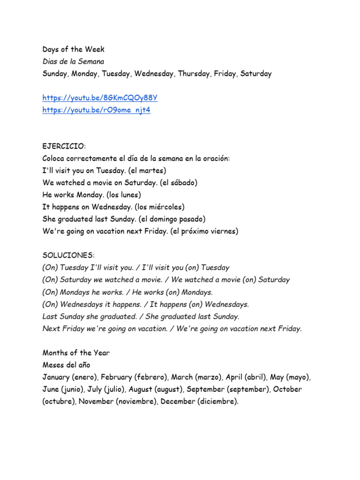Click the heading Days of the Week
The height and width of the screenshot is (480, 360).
point(73,49)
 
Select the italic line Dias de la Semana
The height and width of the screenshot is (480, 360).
point(73,61)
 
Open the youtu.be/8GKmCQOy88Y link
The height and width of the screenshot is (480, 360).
point(100,98)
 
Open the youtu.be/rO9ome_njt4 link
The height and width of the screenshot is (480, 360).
point(96,110)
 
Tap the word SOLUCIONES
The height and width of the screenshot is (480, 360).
point(68,255)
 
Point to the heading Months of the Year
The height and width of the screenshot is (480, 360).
point(76,353)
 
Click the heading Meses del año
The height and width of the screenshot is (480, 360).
point(66,365)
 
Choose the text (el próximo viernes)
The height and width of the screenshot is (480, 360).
point(204,231)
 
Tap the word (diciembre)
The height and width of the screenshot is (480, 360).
point(217,402)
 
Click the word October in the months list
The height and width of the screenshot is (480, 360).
point(288,390)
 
